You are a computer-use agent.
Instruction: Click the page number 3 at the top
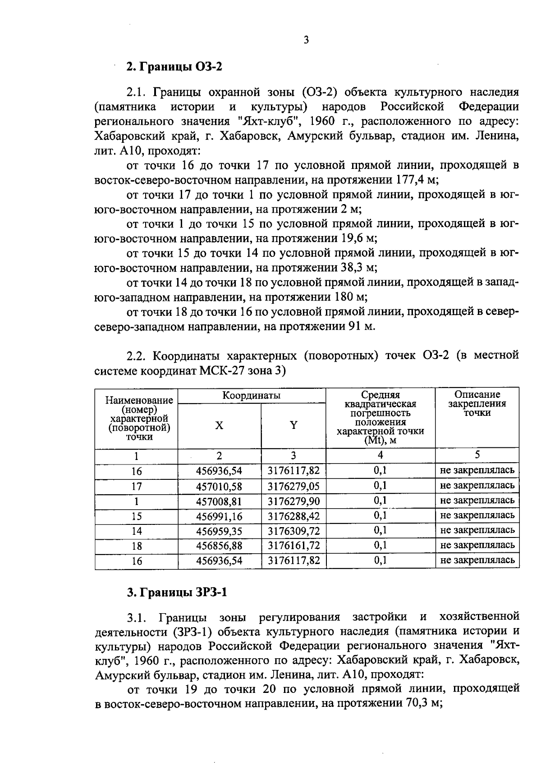tap(306, 41)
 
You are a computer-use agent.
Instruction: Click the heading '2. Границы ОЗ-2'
tap(174, 67)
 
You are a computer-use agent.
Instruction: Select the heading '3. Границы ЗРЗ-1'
tap(177, 592)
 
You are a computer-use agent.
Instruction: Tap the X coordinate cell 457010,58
tap(219, 486)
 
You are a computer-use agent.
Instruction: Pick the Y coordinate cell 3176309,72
tap(293, 531)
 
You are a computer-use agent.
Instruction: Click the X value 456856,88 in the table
tap(219, 546)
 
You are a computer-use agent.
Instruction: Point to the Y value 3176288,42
tap(293, 516)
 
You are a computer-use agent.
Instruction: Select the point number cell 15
tap(137, 516)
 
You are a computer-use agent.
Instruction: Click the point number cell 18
tap(137, 546)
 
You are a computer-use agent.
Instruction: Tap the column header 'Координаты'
tap(251, 396)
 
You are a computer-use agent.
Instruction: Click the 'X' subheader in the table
tap(219, 425)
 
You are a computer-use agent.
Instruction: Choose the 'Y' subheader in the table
tap(293, 425)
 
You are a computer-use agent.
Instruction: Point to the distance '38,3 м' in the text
tap(357, 268)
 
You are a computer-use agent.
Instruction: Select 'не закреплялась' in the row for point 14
tap(477, 530)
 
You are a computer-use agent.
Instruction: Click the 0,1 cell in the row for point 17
tap(380, 486)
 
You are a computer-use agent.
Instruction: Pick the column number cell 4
tap(380, 455)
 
